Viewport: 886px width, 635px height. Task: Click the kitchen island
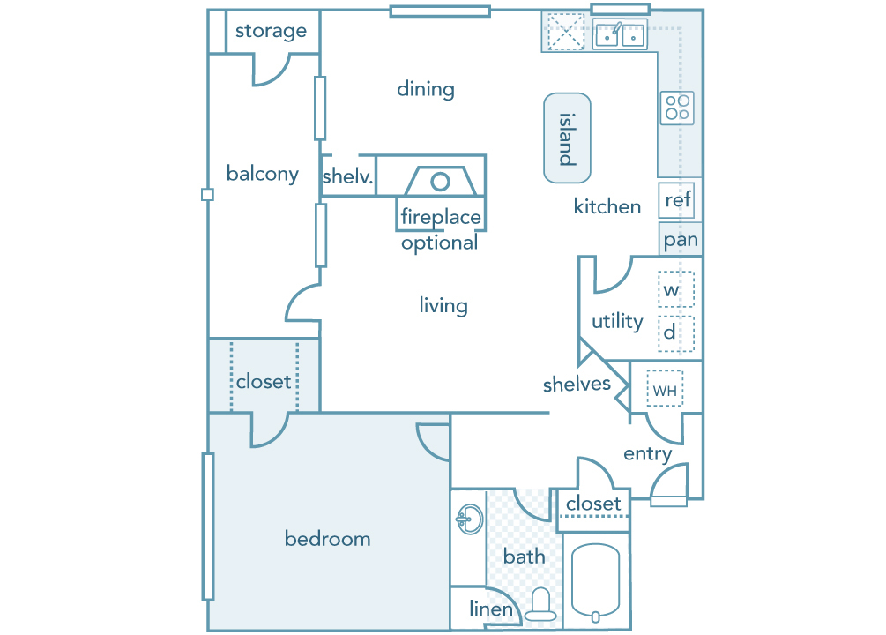(x=567, y=138)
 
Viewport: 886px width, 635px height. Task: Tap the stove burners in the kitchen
(x=677, y=108)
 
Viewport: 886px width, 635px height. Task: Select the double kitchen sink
(x=620, y=35)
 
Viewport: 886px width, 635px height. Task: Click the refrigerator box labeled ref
(x=677, y=200)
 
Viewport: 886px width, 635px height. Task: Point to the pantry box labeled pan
(x=681, y=239)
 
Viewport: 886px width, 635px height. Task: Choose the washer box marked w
(x=676, y=289)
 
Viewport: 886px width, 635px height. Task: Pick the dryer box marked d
(x=676, y=333)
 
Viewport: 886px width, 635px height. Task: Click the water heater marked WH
(x=664, y=389)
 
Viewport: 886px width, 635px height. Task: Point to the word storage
(x=271, y=31)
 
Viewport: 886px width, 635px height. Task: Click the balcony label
(x=262, y=174)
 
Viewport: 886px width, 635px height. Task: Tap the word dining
(x=426, y=89)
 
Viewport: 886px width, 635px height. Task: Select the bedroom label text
(x=327, y=539)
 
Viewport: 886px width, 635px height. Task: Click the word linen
(x=491, y=609)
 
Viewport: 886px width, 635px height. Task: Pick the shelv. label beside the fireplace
(x=348, y=176)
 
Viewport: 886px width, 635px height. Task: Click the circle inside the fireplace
(x=440, y=182)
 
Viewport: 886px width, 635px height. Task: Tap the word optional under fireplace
(x=439, y=243)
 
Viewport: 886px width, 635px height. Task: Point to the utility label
(x=617, y=321)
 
